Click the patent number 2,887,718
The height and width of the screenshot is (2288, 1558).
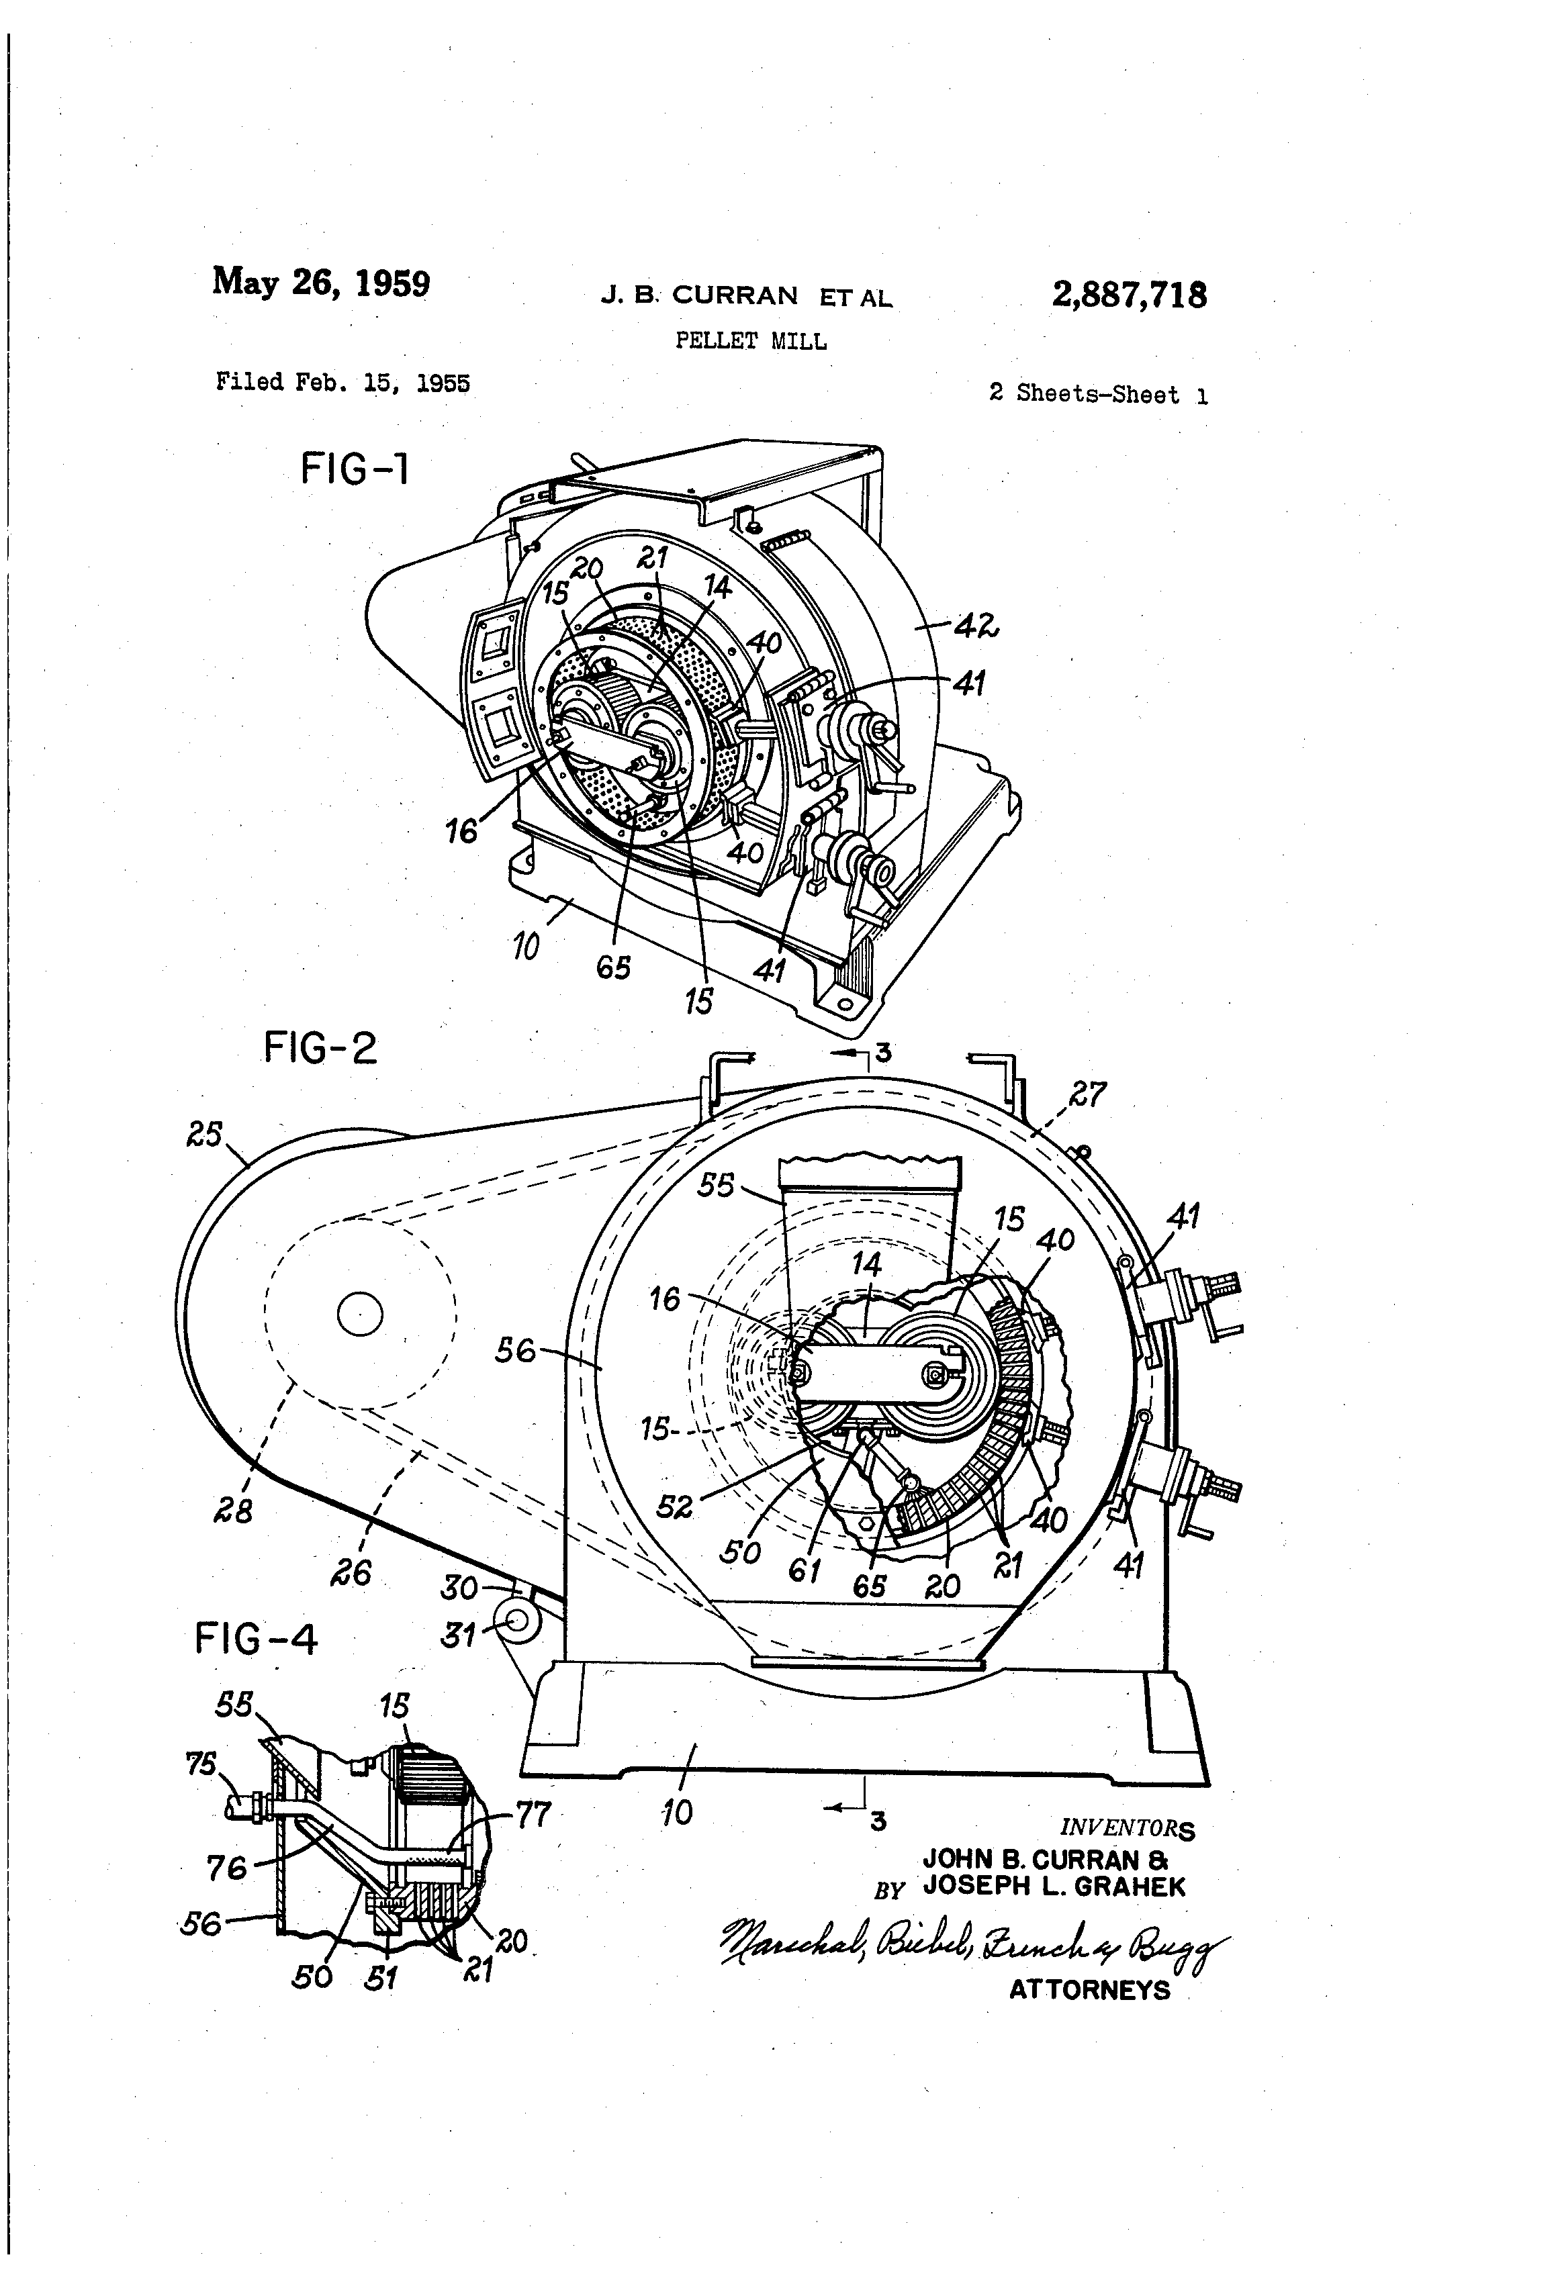click(x=1129, y=294)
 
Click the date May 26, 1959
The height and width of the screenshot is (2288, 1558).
click(x=321, y=283)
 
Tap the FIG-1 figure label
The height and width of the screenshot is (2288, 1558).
click(x=355, y=469)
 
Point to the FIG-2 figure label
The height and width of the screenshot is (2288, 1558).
click(x=320, y=1047)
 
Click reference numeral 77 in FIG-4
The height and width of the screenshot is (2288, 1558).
click(x=533, y=1813)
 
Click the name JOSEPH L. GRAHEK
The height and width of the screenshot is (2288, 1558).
click(x=1055, y=1887)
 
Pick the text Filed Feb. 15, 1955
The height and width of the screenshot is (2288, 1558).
click(x=342, y=382)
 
